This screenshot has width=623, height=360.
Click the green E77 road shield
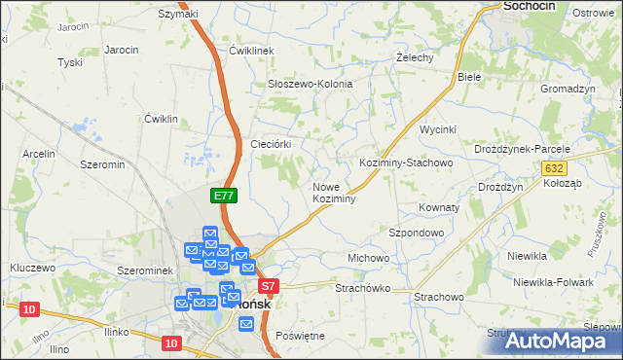pos(224,196)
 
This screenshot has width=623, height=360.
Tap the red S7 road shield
pos(270,286)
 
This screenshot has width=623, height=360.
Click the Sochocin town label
pos(530,7)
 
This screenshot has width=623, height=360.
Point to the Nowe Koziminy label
pos(334,192)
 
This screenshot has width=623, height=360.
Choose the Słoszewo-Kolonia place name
pos(310,84)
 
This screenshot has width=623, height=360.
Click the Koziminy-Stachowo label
pos(406,162)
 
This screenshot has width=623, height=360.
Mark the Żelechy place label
pos(416,57)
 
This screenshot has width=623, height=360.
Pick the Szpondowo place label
pos(417,234)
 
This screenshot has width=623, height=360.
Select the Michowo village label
pos(368,258)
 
